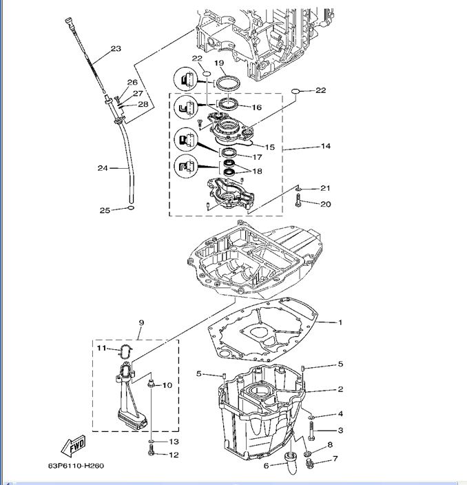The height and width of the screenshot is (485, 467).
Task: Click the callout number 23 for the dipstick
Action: [115, 48]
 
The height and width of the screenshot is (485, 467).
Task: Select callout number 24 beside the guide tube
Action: [102, 167]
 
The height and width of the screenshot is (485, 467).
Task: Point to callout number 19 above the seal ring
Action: [220, 63]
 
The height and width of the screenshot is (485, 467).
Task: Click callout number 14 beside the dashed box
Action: [326, 146]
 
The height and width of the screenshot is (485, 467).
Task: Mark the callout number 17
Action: [256, 156]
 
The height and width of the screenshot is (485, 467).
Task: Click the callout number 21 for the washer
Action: [325, 188]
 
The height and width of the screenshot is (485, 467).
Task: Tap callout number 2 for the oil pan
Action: [340, 389]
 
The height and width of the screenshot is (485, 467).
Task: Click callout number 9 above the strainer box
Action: [141, 322]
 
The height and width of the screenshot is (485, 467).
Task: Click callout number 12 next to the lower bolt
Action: [174, 455]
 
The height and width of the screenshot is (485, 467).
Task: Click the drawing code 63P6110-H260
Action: [76, 466]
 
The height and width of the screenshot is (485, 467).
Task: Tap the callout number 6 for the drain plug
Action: [266, 466]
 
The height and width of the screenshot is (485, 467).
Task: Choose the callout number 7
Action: [335, 458]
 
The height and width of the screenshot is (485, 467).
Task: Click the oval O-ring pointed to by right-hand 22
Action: [295, 90]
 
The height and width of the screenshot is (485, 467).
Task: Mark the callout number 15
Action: [269, 147]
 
